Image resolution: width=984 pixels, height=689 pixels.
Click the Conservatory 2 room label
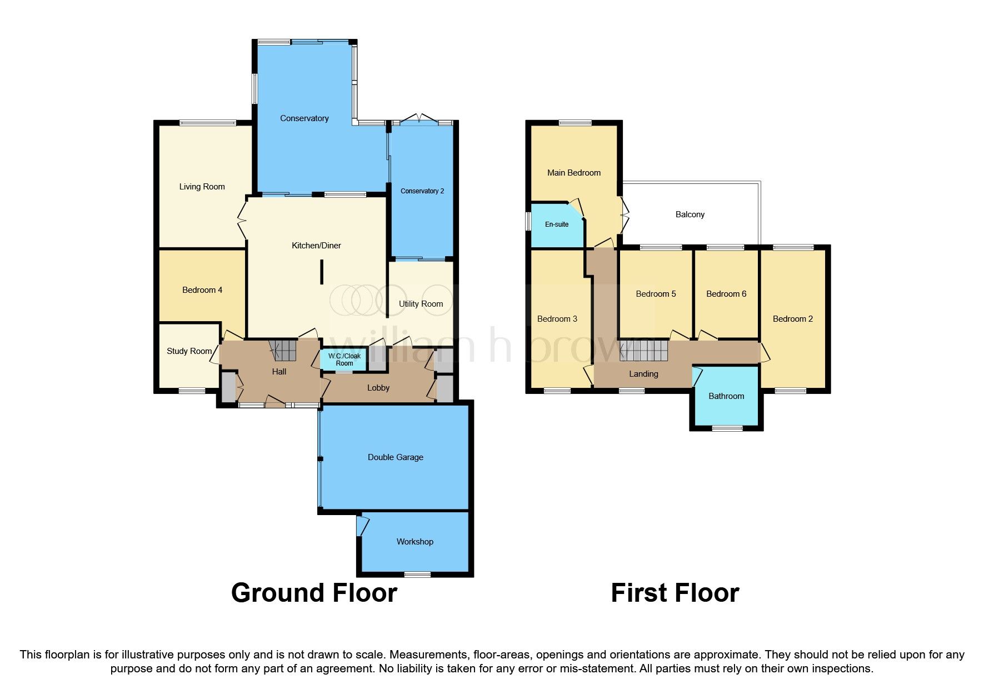(422, 191)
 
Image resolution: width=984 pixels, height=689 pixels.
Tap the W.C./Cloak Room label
(344, 360)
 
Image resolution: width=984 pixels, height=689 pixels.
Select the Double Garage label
(395, 457)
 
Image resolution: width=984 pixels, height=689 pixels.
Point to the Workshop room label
(414, 542)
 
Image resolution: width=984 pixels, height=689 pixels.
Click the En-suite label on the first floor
(556, 224)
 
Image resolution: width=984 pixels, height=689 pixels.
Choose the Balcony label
(690, 214)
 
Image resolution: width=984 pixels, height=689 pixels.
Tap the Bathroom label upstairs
(726, 396)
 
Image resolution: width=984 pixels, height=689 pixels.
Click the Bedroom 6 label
(726, 294)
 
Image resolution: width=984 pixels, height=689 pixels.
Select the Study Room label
(189, 351)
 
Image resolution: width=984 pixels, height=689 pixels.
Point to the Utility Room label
(421, 304)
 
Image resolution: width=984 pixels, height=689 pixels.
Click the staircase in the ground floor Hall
(284, 350)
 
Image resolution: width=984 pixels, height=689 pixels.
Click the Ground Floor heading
(314, 593)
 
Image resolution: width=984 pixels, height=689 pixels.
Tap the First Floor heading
(675, 593)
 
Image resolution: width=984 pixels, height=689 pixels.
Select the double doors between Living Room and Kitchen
(242, 221)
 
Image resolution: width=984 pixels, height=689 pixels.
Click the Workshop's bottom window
(417, 574)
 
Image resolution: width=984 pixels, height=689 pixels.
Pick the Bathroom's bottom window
(727, 428)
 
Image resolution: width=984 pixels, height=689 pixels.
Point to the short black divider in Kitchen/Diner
(321, 272)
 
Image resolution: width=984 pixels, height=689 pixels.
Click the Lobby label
(378, 388)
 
